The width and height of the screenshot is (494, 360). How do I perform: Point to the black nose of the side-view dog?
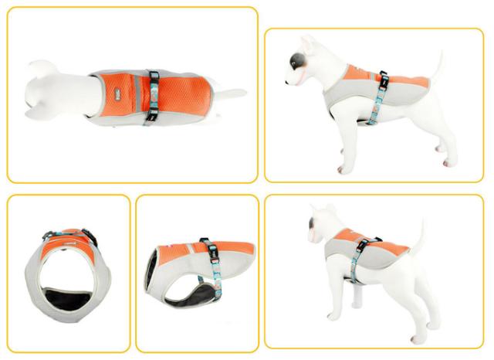coord(288,79)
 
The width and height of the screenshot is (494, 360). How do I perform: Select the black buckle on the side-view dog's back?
coord(382,78)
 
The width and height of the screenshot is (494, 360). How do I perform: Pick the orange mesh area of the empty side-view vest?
coord(185,254)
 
